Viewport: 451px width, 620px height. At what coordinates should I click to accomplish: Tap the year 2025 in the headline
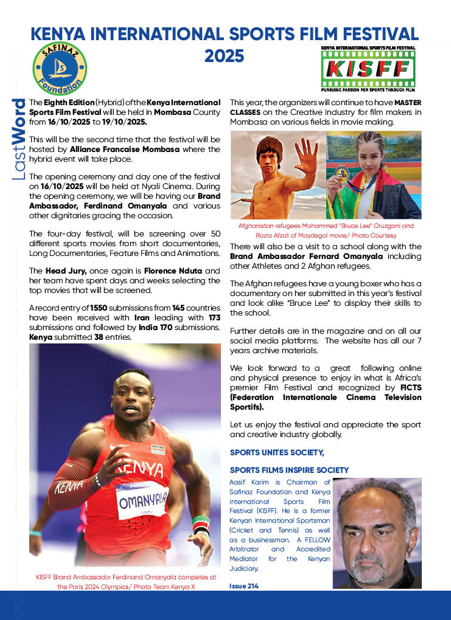coord(224,56)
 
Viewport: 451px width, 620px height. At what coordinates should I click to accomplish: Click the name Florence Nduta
coord(191,270)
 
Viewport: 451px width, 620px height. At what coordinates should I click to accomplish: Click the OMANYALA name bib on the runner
coord(142,500)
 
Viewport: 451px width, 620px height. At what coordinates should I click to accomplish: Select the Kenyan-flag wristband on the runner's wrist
coord(200,523)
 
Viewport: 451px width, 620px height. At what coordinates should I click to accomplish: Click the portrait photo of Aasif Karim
coord(377,533)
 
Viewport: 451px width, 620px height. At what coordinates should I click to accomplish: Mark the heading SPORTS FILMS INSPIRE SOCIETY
coord(289,470)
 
